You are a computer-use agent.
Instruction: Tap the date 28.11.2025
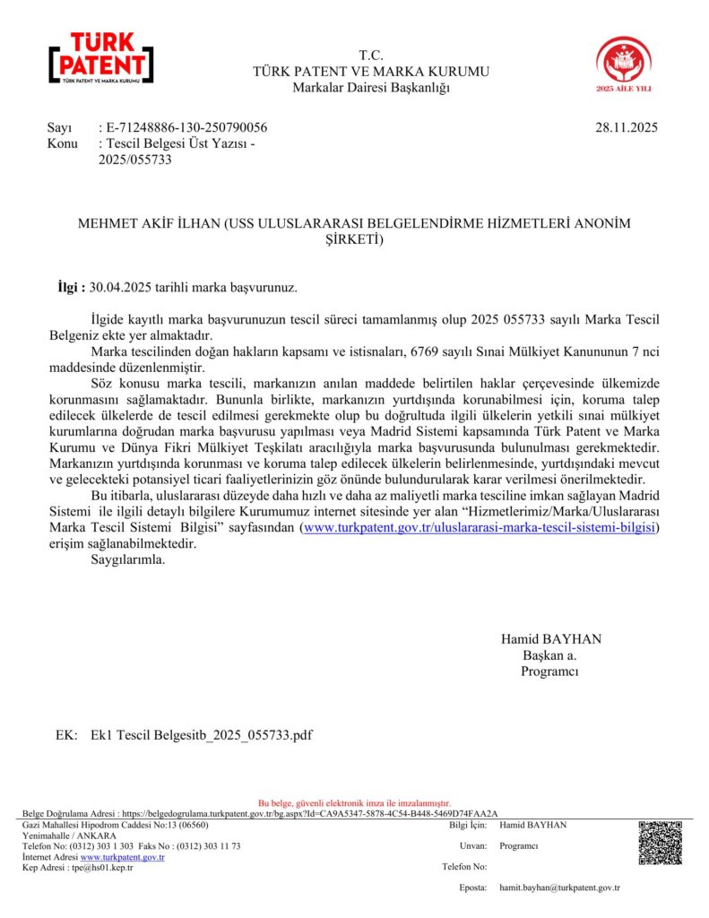point(626,127)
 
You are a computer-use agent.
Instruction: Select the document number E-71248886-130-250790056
point(186,127)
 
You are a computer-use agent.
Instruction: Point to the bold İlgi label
point(71,288)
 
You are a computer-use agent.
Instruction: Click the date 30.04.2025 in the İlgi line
point(121,288)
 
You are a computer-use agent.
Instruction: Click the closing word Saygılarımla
point(128,560)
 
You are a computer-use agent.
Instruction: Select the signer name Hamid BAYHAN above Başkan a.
point(551,639)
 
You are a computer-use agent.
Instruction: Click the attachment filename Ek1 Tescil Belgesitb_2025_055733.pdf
point(202,735)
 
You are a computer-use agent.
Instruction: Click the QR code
point(661,843)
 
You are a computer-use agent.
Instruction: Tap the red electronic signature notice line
point(354,802)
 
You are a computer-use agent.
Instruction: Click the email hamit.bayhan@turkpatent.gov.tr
point(559,888)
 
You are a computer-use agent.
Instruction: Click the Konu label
point(62,143)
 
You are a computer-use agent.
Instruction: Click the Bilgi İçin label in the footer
point(467,825)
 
